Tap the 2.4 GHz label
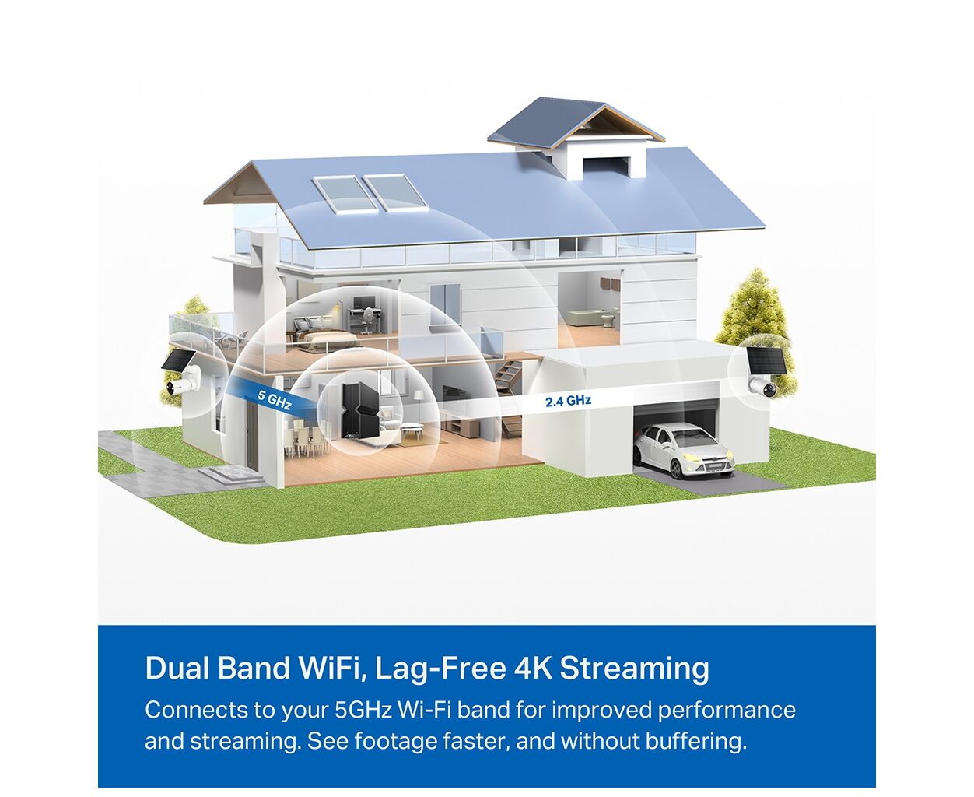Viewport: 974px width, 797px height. pos(568,401)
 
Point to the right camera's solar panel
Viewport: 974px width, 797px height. pos(766,360)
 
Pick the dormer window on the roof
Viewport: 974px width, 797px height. pos(604,166)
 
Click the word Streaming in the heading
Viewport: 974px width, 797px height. pos(634,669)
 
